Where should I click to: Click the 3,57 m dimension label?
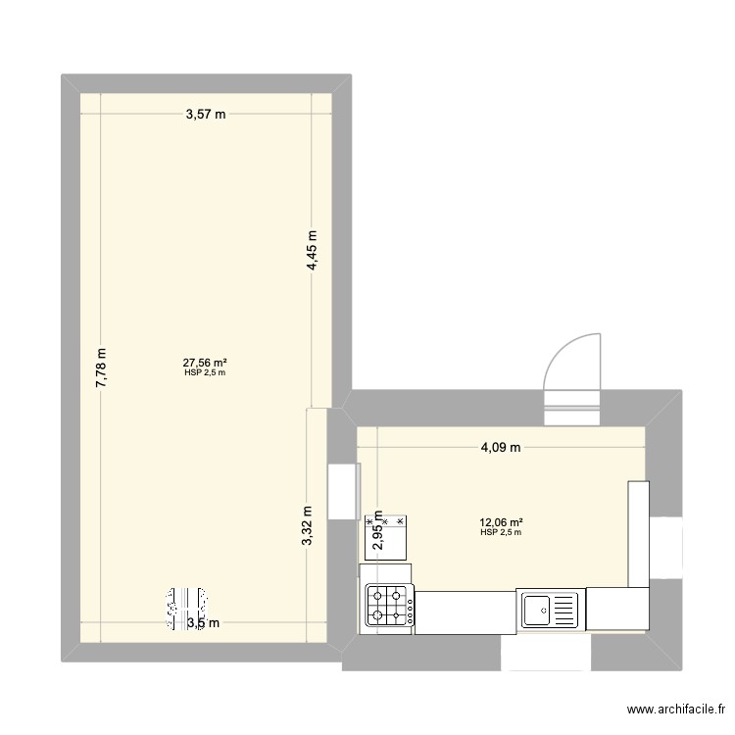tap(206, 114)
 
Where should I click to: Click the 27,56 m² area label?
tap(206, 363)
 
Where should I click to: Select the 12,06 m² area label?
tap(501, 522)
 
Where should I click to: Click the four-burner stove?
tap(389, 606)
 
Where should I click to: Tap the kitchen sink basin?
tap(537, 610)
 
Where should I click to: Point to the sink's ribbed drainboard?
tap(568, 610)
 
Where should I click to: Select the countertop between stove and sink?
tap(466, 610)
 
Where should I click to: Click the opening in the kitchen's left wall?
tap(342, 491)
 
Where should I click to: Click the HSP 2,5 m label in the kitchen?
tap(501, 533)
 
